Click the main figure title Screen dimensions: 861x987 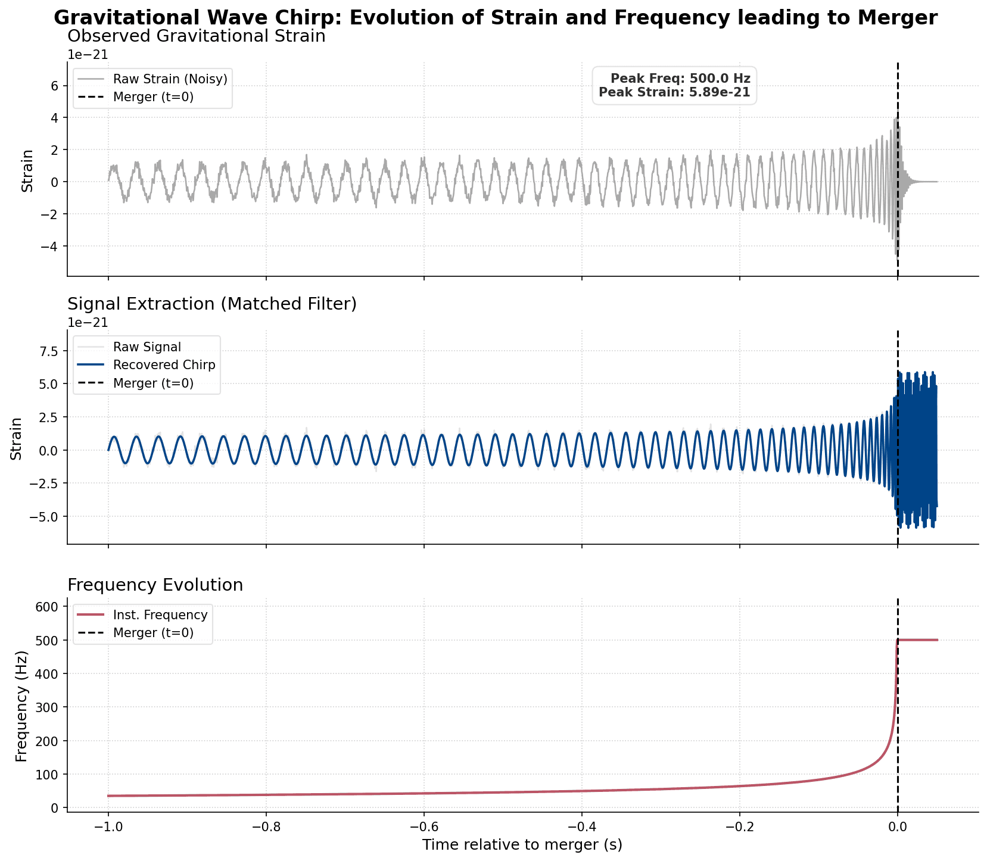pos(495,18)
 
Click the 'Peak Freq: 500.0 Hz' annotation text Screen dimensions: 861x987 pos(680,79)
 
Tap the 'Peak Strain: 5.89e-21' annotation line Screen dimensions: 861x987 pos(674,92)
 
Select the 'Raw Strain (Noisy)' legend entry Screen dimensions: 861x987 pos(170,79)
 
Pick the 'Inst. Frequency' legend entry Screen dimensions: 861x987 pos(160,614)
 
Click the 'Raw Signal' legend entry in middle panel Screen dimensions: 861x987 pos(147,347)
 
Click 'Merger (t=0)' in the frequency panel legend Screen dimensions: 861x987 pos(153,632)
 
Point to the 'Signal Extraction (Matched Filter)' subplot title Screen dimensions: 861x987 pos(212,304)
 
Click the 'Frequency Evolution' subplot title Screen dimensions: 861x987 pos(155,585)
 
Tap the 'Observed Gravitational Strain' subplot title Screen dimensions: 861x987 pos(197,36)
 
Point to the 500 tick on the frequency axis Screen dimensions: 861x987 pos(50,641)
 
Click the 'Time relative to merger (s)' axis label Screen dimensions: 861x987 pos(522,845)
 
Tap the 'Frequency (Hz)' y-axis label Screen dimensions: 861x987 pos(21,706)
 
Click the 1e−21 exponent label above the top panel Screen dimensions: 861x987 pos(88,55)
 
